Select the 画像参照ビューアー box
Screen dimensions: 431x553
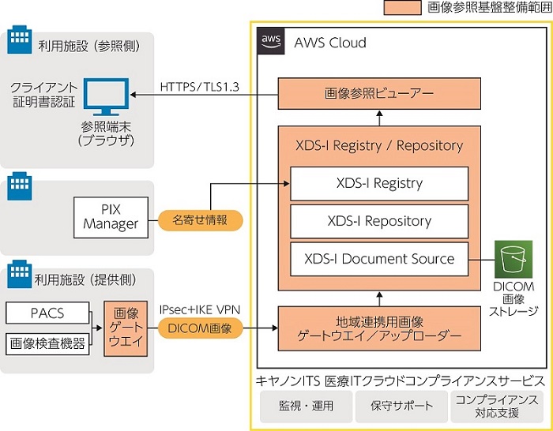click(x=378, y=93)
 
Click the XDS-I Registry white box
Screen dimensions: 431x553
click(x=378, y=183)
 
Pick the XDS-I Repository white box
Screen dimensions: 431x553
click(x=378, y=221)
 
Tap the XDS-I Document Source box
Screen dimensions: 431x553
click(x=378, y=258)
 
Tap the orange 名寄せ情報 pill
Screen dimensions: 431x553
click(x=199, y=220)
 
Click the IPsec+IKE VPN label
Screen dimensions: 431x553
click(x=200, y=309)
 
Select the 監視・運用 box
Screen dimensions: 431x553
click(x=306, y=406)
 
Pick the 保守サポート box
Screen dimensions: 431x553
click(x=401, y=406)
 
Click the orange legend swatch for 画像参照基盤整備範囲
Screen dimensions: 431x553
click(x=402, y=8)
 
